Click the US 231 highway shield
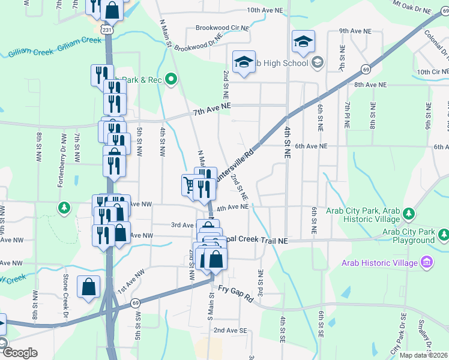(107, 28)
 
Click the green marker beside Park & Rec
(170, 79)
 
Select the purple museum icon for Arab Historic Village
(427, 262)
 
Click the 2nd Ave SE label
(230, 330)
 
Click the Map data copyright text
(423, 355)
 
